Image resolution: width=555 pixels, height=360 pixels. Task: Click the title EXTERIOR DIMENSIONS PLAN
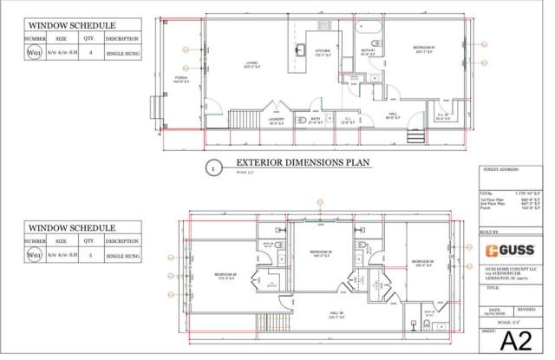[289, 162]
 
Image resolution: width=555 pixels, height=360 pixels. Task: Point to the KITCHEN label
[323, 52]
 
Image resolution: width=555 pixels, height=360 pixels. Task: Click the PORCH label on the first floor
[181, 81]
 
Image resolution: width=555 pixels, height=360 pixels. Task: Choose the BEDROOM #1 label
[423, 49]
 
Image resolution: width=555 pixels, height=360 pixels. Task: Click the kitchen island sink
[303, 49]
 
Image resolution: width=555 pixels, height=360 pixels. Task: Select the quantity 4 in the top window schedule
[90, 53]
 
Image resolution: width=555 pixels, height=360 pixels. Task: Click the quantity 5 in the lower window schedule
[90, 256]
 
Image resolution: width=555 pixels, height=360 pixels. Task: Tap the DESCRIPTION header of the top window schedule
[121, 39]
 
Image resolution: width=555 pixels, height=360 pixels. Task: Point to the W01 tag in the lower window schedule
[35, 256]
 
